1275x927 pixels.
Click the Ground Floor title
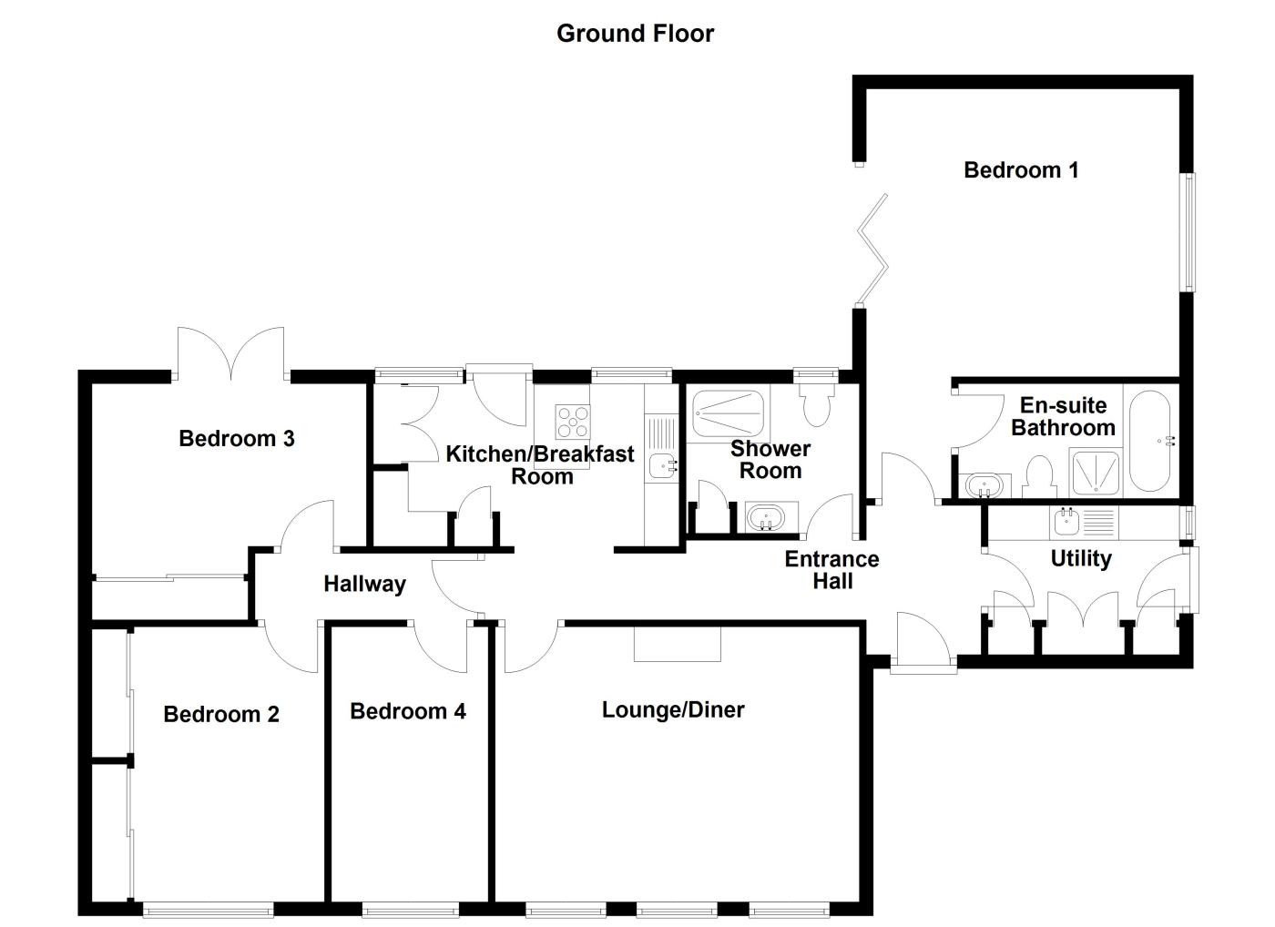pyautogui.click(x=635, y=34)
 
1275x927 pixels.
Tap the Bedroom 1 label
pyautogui.click(x=1021, y=169)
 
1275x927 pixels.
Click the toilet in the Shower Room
pyautogui.click(x=816, y=403)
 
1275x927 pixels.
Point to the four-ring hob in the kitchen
pyautogui.click(x=573, y=422)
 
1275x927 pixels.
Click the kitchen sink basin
pyautogui.click(x=659, y=466)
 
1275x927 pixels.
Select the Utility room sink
pyautogui.click(x=1066, y=523)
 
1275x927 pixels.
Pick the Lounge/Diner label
pyautogui.click(x=673, y=709)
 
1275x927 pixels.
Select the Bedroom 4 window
pyautogui.click(x=410, y=908)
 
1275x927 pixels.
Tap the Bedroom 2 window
pyautogui.click(x=208, y=908)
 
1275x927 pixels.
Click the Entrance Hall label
pyautogui.click(x=831, y=570)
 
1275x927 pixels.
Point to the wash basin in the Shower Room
pyautogui.click(x=766, y=518)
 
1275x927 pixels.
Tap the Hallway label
pyautogui.click(x=364, y=584)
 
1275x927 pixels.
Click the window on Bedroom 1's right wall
pyautogui.click(x=1188, y=232)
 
